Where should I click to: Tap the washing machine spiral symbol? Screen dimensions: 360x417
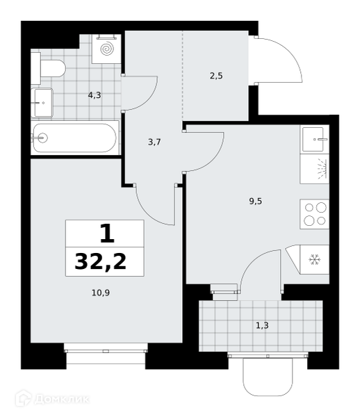(107, 49)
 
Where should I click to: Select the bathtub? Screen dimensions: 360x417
(75, 138)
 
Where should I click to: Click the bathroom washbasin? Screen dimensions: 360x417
(42, 103)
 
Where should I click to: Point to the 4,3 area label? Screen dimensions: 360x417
(95, 95)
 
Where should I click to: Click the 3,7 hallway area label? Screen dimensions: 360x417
(154, 142)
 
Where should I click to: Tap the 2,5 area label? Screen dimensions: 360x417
(216, 76)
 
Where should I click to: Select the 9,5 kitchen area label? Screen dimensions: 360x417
(256, 201)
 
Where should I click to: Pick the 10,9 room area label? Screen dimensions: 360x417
(101, 293)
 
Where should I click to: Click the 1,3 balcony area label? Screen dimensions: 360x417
(262, 325)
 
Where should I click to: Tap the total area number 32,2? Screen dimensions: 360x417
(101, 261)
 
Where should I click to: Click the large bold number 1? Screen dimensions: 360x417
(108, 234)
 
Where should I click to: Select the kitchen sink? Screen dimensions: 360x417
(315, 139)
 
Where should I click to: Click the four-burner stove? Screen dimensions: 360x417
(315, 214)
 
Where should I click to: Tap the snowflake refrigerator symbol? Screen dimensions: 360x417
(315, 259)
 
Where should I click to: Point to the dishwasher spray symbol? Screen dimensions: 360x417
(322, 169)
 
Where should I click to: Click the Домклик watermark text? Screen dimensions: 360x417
(62, 399)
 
